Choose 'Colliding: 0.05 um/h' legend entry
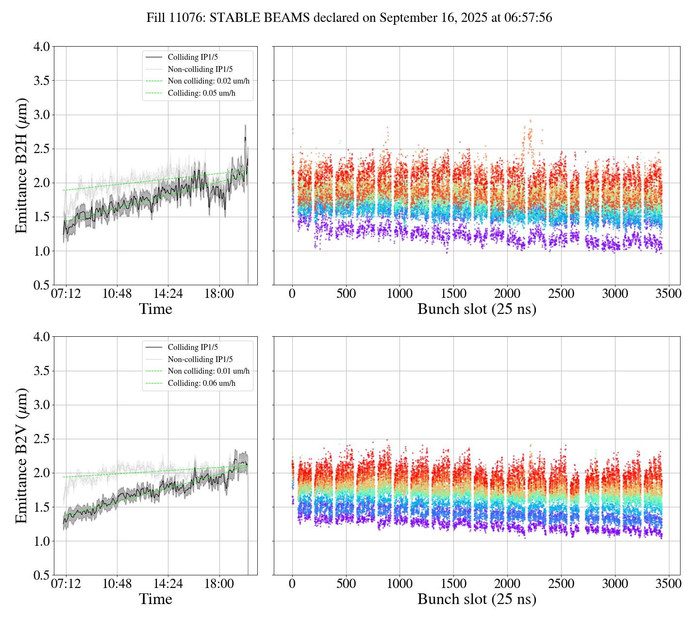point(201,93)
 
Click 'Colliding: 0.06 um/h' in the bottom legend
point(201,383)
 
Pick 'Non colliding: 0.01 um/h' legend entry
point(209,371)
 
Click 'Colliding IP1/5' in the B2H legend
point(193,57)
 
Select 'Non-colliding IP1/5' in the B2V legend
point(200,360)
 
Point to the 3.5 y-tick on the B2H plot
point(41,81)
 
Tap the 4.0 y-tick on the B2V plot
point(41,337)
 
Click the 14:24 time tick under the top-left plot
point(168,294)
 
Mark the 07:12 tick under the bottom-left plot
point(66,584)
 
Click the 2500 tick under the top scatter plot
point(561,294)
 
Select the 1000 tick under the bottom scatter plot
point(399,584)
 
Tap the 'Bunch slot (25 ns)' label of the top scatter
point(477,310)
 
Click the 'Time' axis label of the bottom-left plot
point(155,600)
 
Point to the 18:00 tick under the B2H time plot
point(219,294)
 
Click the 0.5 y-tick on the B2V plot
point(41,575)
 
